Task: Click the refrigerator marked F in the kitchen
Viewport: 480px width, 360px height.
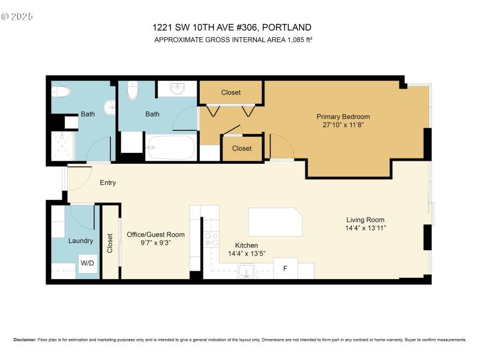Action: pos(285,268)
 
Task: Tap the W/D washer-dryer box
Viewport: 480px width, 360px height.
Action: pos(88,263)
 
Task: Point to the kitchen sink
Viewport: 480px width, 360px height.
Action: pos(246,271)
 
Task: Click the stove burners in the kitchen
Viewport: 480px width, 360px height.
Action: pos(211,240)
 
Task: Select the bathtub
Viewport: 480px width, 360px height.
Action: pos(171,148)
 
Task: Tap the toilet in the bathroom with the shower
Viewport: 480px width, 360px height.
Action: pos(61,92)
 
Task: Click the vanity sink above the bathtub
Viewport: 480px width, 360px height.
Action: pos(177,89)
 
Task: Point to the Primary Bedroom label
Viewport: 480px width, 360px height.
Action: pos(343,116)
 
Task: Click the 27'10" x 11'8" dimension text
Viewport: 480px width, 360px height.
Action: pos(343,125)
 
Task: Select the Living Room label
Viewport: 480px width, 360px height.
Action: pos(365,220)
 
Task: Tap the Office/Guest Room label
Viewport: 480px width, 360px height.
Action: pos(155,235)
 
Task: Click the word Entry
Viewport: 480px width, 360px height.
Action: pos(108,182)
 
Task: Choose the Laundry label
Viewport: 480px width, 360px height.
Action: pos(80,241)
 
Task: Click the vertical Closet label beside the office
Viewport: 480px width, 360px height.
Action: pos(110,243)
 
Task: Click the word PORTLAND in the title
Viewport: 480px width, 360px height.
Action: pos(287,27)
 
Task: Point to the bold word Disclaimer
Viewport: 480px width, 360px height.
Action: pos(24,340)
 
